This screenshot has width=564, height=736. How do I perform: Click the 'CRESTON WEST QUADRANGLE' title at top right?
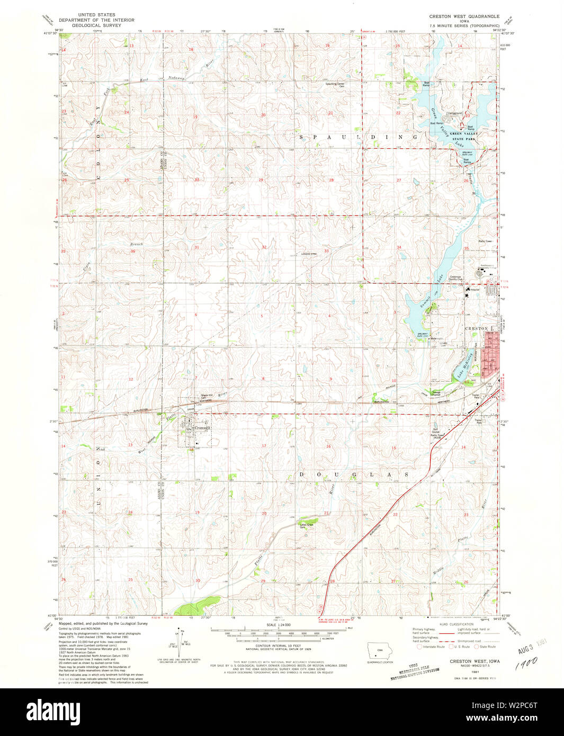coord(464,16)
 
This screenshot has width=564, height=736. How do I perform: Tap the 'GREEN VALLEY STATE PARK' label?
coord(464,136)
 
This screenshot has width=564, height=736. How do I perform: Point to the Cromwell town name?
coord(202,428)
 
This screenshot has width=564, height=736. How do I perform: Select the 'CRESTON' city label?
coord(477,328)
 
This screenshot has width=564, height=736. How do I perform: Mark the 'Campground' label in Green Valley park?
coord(454,113)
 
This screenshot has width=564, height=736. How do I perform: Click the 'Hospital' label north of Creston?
coord(475,290)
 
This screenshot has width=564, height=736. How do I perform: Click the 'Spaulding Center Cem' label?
coord(335,85)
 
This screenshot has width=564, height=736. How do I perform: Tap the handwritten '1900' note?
coord(525,662)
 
